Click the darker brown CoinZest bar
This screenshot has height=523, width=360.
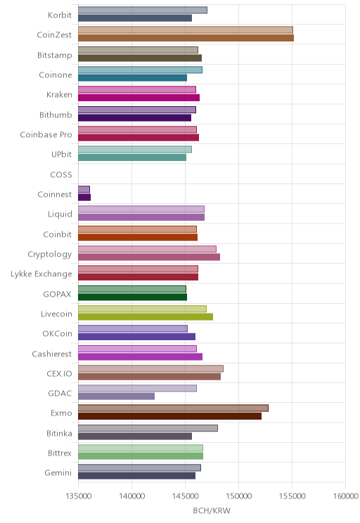(x=186, y=38)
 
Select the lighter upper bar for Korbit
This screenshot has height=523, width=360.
(x=143, y=10)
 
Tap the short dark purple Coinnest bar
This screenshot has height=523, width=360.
(x=84, y=197)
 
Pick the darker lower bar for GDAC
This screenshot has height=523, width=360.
(x=116, y=396)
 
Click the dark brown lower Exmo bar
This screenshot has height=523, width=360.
(x=170, y=416)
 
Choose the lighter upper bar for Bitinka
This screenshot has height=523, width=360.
(x=148, y=428)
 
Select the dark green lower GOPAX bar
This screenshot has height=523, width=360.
(x=132, y=297)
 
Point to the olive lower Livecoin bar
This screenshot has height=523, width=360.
(x=146, y=317)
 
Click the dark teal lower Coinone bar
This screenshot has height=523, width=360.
(x=132, y=78)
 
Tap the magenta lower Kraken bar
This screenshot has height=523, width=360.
(x=139, y=98)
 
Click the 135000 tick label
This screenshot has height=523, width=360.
(x=79, y=496)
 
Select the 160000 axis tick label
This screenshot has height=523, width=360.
(x=346, y=496)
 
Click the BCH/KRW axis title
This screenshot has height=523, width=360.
(x=212, y=510)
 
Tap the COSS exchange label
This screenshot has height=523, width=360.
(x=61, y=175)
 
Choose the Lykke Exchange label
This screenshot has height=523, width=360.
(x=41, y=274)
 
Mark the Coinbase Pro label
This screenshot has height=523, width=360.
(x=46, y=135)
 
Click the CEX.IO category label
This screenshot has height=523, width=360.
(x=59, y=373)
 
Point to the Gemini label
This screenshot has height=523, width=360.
(x=58, y=473)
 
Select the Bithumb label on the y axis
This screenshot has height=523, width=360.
(x=56, y=115)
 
